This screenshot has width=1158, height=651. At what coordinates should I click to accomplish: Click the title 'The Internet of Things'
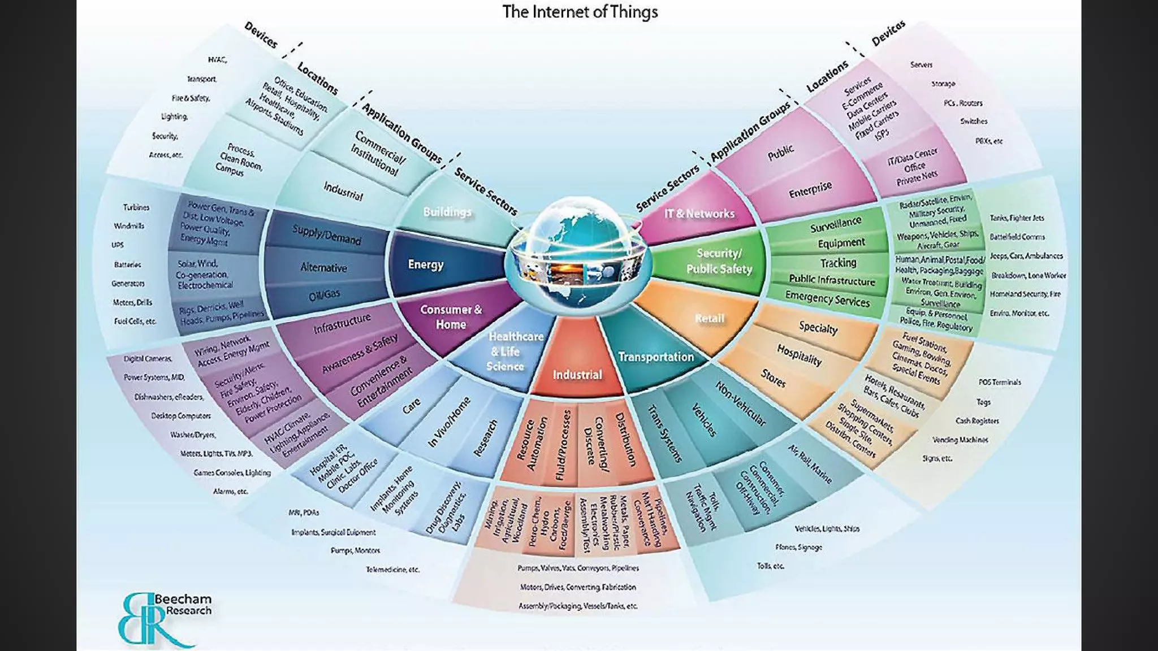point(580,12)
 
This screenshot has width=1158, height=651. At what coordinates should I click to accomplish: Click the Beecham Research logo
point(164,618)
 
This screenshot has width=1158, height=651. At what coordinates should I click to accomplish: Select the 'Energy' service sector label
point(426,264)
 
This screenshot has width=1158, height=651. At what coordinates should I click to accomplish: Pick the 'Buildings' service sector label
point(447,212)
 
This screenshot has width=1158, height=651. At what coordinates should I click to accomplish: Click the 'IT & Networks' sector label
point(699,214)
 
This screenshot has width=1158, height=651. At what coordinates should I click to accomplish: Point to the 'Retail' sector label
point(709,318)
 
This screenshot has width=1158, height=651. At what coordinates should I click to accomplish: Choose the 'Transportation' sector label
point(656,357)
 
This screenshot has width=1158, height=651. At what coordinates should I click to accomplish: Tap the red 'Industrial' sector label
point(577,375)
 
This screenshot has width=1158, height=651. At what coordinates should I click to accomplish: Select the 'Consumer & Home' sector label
point(451,317)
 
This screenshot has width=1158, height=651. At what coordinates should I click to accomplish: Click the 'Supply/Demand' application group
point(327,235)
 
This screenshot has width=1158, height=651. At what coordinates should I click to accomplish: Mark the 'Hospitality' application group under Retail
point(799,355)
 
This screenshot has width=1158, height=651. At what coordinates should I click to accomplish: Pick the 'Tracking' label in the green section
point(838,263)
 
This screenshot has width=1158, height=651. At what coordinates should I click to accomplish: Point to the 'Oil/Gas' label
point(325,294)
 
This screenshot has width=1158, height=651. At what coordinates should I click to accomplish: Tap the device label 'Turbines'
point(136,207)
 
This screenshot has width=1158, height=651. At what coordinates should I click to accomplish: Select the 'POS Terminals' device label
point(1000,382)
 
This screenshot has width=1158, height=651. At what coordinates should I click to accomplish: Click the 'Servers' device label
point(921,65)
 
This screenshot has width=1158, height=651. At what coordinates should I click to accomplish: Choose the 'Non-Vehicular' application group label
point(741,403)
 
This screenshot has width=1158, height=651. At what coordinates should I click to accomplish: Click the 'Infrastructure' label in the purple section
point(342,323)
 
